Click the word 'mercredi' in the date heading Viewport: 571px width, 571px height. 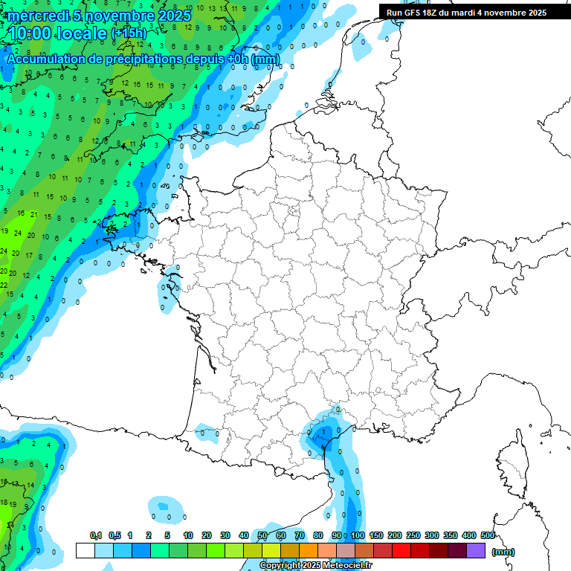point(36,16)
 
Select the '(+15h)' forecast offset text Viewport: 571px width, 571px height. point(129,33)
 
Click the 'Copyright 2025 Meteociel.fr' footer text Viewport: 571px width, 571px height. point(316,566)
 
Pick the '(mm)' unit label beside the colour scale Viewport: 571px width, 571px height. point(503,552)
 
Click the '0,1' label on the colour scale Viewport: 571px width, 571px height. point(96,536)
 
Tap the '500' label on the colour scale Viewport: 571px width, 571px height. point(488,536)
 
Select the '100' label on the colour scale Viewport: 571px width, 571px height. point(358,536)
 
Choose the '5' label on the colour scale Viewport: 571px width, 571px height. point(168,536)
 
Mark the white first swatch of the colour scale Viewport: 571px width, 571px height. point(85,551)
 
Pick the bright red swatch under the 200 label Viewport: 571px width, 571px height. point(401,551)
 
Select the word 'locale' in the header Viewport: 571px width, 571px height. point(80,33)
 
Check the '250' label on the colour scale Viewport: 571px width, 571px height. point(413,536)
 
